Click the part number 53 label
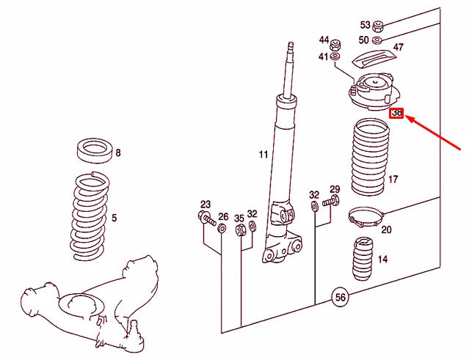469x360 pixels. (365, 25)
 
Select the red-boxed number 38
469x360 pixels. (397, 114)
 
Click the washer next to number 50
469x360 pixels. (377, 40)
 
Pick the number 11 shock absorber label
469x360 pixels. (263, 155)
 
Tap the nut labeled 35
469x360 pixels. (239, 231)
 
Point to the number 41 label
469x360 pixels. (324, 56)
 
